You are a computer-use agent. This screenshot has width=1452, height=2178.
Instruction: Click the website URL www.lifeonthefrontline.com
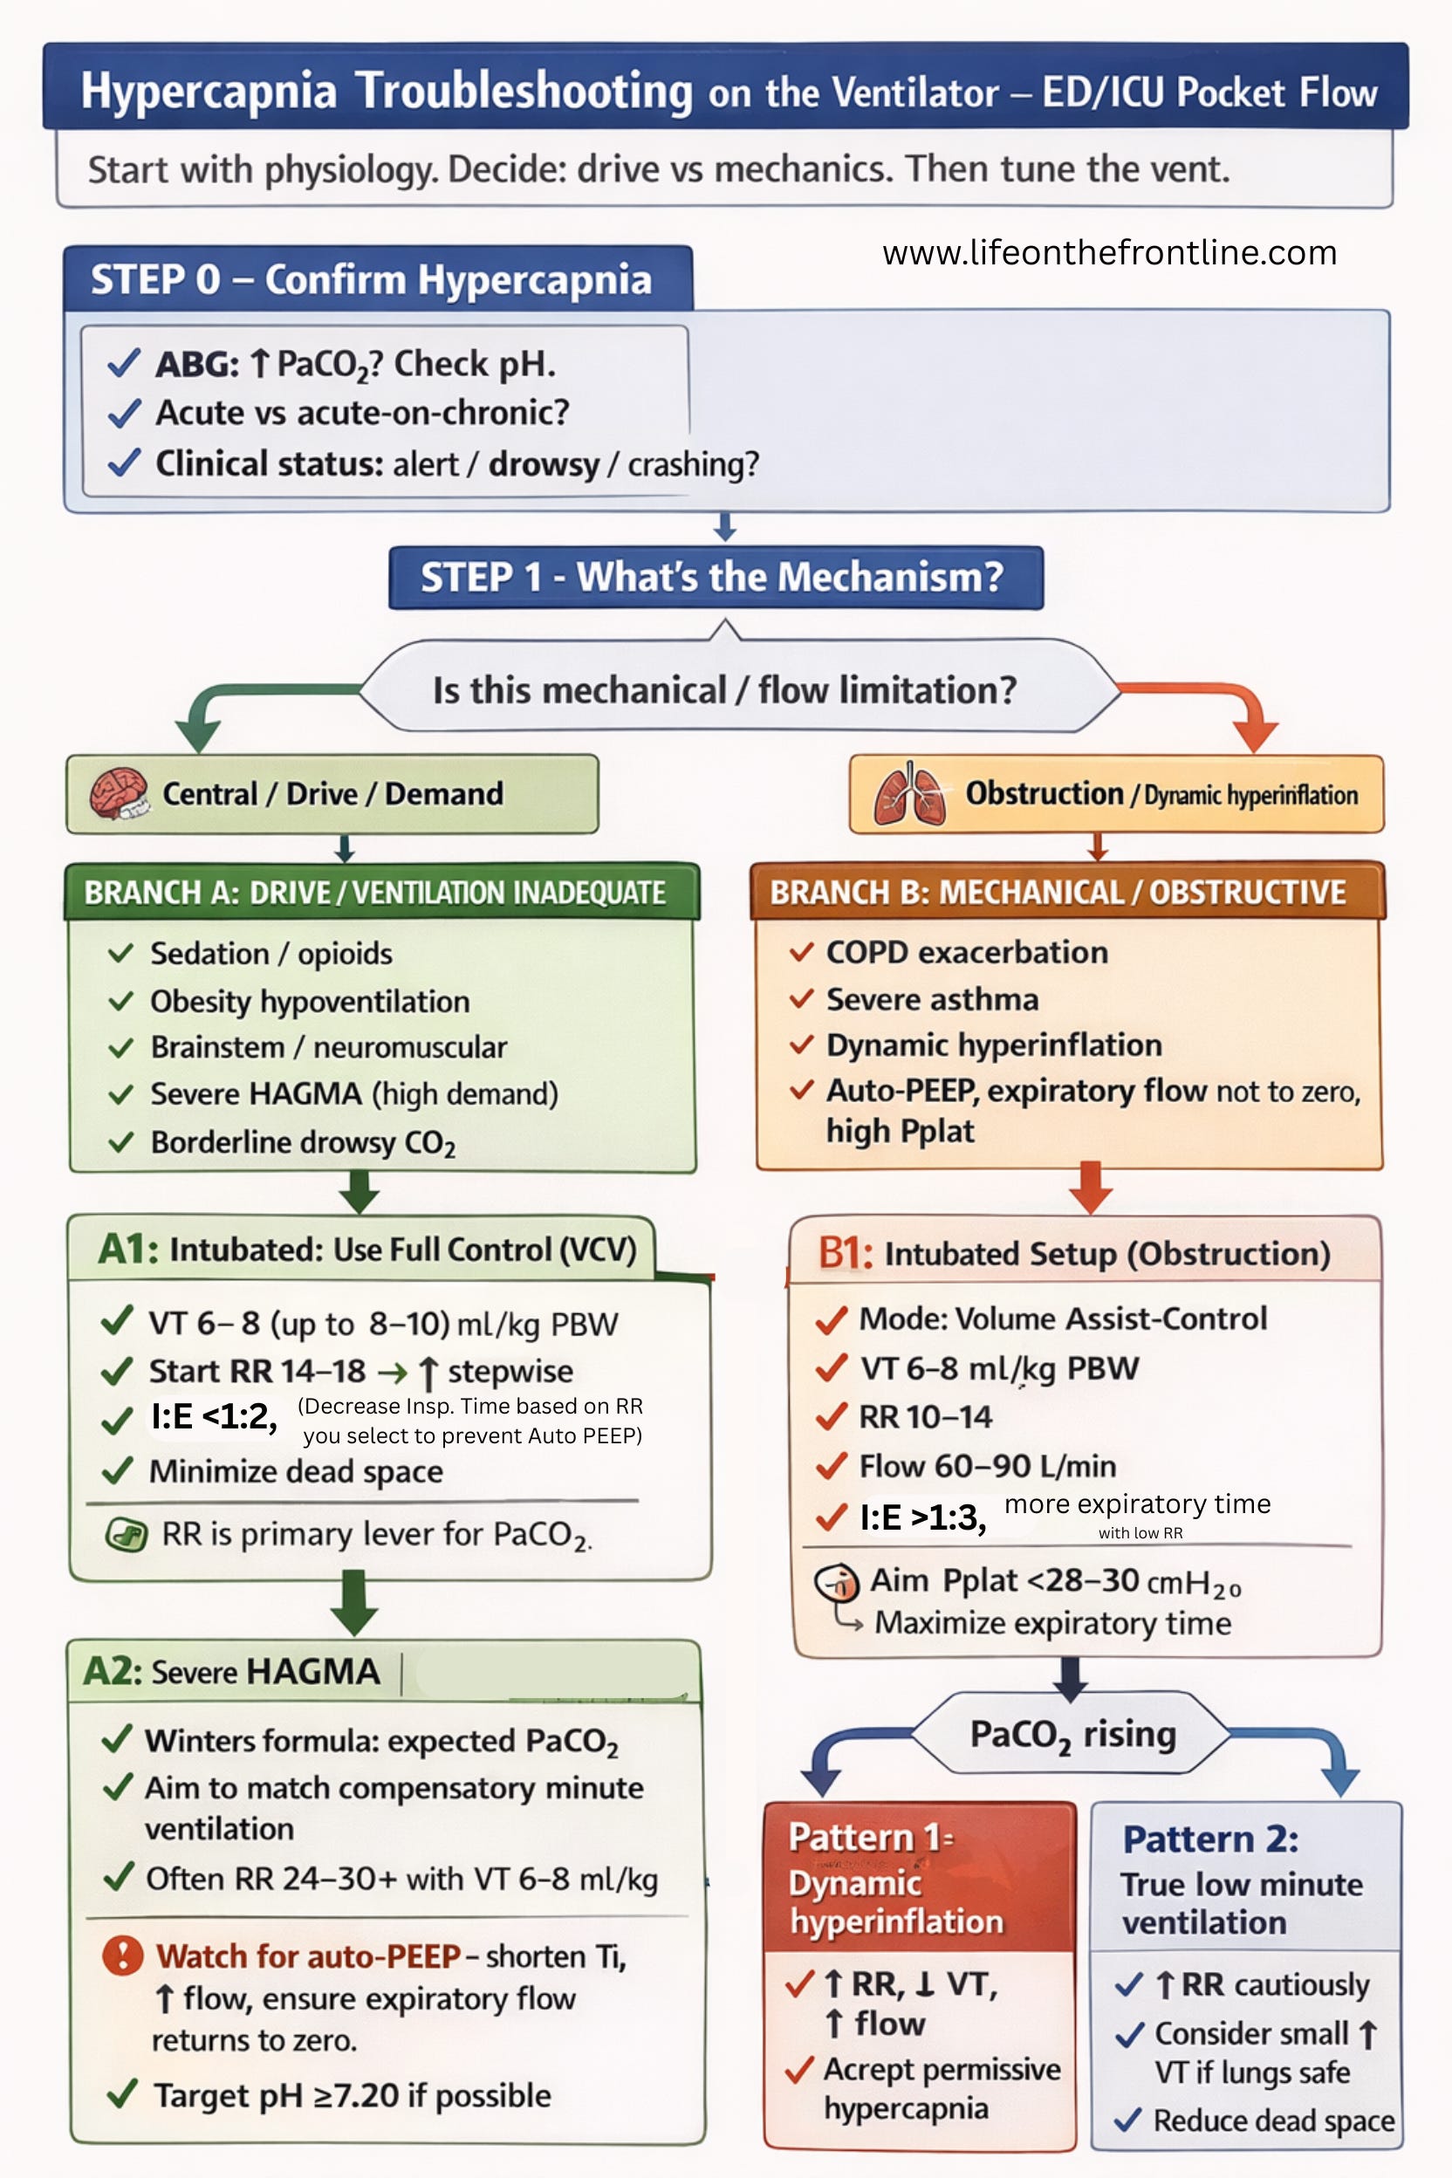(x=1109, y=253)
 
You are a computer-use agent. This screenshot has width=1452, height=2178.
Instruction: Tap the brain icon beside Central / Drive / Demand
(x=119, y=793)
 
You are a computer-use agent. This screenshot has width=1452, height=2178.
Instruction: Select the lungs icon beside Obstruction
(x=909, y=793)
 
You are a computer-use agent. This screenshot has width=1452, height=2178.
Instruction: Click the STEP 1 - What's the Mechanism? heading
(x=715, y=577)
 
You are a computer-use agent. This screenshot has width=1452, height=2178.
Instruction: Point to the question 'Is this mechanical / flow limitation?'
(x=724, y=690)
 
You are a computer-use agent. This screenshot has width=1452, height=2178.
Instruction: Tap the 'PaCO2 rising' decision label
(x=1072, y=1735)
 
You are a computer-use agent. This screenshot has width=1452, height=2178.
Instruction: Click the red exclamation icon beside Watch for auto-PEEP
(x=122, y=1955)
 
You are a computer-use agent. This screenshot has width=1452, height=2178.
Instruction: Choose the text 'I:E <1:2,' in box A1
(x=214, y=1417)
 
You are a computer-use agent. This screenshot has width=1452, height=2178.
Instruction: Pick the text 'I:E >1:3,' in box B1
(x=922, y=1517)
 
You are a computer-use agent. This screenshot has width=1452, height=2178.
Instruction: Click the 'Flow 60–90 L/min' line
(x=987, y=1466)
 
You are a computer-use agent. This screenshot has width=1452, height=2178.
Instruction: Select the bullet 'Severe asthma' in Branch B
(x=932, y=999)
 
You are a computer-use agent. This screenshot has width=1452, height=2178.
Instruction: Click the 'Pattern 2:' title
(x=1210, y=1839)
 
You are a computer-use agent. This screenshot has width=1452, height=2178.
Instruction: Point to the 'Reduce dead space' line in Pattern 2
(x=1273, y=2120)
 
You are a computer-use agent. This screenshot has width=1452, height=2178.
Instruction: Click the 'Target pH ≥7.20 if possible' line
(x=352, y=2096)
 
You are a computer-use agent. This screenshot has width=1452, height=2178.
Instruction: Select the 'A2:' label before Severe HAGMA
(x=112, y=1672)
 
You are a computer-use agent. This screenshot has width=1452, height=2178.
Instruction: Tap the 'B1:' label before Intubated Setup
(x=845, y=1253)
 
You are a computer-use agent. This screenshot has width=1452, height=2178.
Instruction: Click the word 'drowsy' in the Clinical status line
(x=544, y=464)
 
